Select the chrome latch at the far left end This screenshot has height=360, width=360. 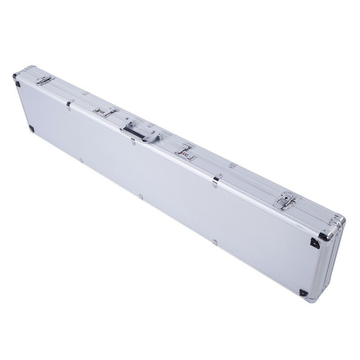coord(46,80)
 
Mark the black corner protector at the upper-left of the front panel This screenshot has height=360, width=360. coord(17,83)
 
